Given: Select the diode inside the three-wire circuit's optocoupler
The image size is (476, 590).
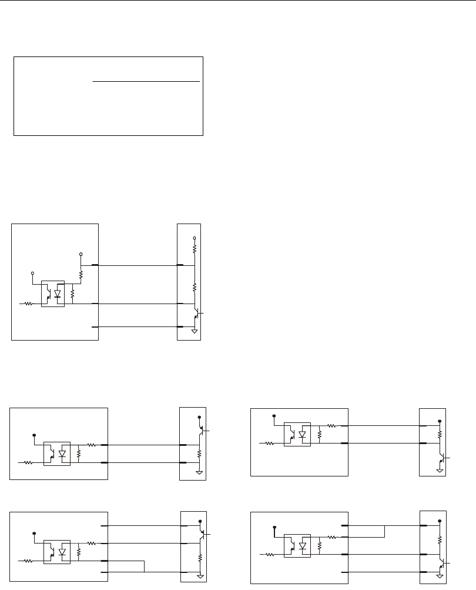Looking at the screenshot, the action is tap(57, 293).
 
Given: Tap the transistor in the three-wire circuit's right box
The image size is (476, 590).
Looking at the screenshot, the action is tap(196, 315).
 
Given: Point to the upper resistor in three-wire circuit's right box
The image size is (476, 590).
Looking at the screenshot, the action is tap(195, 249).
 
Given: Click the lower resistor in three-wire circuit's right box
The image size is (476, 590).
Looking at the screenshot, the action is tap(195, 287).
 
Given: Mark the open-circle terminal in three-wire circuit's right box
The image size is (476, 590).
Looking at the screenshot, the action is tap(195, 238).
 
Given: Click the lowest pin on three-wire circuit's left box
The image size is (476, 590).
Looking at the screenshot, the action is tap(95, 326).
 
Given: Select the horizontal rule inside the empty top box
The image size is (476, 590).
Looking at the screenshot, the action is tap(146, 81).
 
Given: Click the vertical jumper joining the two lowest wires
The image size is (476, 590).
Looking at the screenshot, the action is tap(144, 566).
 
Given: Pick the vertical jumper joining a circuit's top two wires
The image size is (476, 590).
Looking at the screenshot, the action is tap(384, 531).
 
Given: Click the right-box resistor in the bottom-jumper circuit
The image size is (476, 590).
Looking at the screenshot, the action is tap(200, 556).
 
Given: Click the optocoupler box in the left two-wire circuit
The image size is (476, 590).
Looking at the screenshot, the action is tap(57, 454).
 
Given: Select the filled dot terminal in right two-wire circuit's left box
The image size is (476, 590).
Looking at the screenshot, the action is tap(274, 416).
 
